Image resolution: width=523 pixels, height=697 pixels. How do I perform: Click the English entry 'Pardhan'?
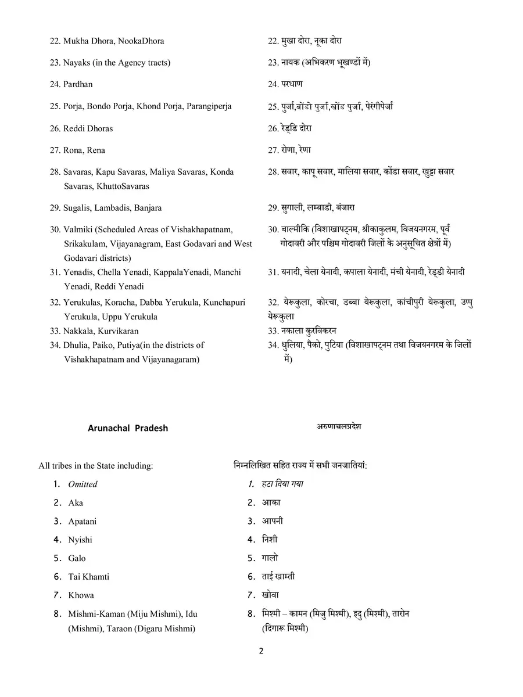coord(78,84)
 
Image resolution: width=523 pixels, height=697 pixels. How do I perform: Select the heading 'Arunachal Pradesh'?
coord(128,428)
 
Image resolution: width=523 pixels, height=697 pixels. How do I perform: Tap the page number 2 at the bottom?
coord(261,651)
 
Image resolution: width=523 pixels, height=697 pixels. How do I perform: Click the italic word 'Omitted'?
coord(83,484)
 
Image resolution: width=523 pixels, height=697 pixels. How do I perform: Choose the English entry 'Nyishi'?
coord(80,540)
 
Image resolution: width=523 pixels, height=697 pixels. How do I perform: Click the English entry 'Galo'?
coord(77,558)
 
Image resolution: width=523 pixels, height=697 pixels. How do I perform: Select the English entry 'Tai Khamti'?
coord(89,577)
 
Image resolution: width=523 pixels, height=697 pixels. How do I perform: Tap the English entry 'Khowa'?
coord(81,595)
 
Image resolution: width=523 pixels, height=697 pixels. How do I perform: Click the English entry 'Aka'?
coord(76,502)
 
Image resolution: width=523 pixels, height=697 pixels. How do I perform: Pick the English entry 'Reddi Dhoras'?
coord(88,128)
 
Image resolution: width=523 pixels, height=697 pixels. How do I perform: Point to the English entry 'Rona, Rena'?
coord(84,150)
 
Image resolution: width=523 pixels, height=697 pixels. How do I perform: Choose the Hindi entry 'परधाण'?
coord(292,84)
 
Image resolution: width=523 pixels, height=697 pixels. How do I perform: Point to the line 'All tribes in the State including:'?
coord(96,465)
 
